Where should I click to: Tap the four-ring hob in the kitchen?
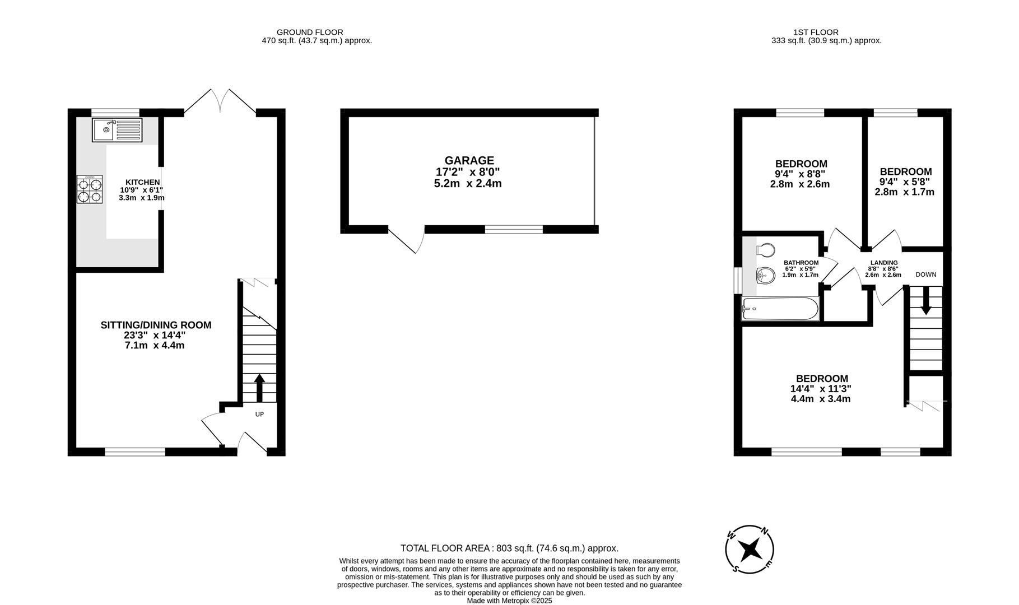coord(90,189)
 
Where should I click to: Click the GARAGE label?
coord(469,161)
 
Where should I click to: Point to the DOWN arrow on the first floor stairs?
coord(925,300)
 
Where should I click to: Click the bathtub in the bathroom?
coord(780,309)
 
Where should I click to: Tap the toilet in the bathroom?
coord(765,249)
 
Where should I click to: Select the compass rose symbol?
coord(750,550)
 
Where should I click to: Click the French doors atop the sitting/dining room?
coord(220,103)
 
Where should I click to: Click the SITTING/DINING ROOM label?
coord(156,325)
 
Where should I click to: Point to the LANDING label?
coord(883,263)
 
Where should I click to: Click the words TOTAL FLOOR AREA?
coord(444,548)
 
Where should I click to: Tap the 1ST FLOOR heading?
coord(816,32)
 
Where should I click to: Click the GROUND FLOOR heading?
coord(310,32)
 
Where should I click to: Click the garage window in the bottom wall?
coord(514,229)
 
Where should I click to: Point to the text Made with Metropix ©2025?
coord(509,601)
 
